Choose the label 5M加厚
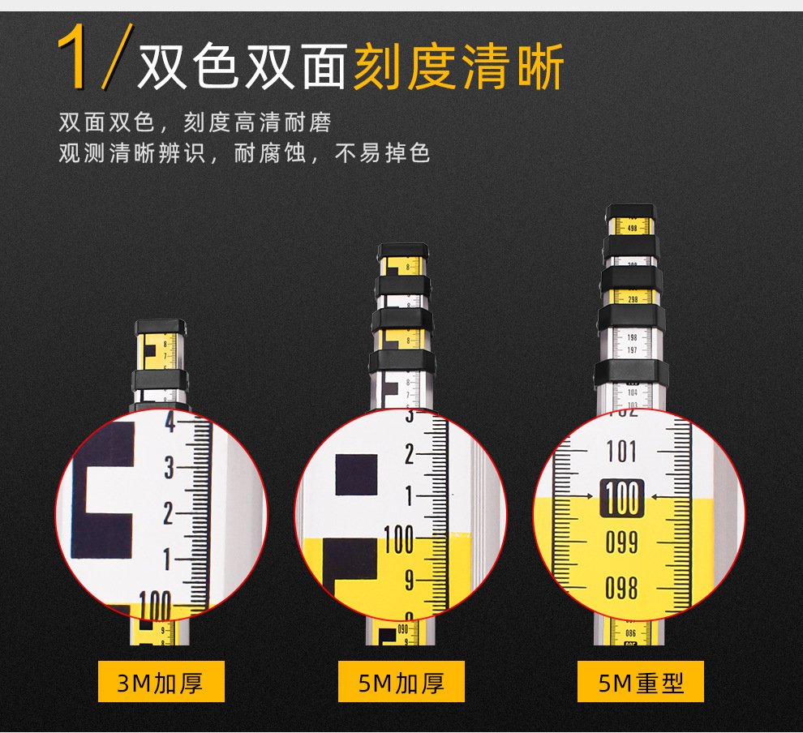[401, 682]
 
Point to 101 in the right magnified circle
[622, 452]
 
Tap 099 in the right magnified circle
[622, 542]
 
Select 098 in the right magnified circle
[622, 587]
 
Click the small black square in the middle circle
[356, 474]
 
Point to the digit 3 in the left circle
[169, 468]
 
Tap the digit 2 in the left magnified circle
[169, 514]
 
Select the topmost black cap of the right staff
[631, 212]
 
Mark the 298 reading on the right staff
[633, 299]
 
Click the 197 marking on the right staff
[633, 350]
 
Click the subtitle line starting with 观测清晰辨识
[244, 152]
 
